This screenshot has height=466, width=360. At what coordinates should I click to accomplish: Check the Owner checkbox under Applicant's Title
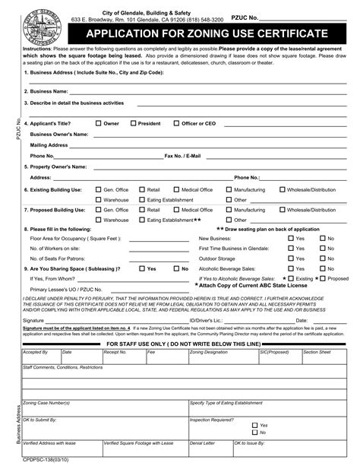(x=99, y=122)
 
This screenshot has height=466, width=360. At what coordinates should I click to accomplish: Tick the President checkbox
(x=134, y=122)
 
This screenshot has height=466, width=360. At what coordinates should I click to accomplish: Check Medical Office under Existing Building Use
(x=176, y=189)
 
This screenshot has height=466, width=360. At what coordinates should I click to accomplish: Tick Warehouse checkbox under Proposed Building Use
(x=99, y=220)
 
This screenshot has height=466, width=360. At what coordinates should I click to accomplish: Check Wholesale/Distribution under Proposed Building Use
(x=283, y=209)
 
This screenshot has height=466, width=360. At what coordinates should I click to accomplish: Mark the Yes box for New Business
(x=291, y=239)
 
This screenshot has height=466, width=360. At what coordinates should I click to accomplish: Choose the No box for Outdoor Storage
(x=322, y=258)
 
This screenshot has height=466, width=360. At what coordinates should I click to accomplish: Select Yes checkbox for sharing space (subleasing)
(x=141, y=268)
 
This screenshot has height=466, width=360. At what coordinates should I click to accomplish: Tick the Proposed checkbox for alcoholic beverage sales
(x=322, y=278)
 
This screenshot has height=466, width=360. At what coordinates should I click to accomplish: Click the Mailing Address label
(x=49, y=144)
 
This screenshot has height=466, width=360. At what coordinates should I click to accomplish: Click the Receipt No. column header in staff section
(x=115, y=353)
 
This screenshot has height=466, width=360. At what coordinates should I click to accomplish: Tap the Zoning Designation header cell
(x=210, y=353)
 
